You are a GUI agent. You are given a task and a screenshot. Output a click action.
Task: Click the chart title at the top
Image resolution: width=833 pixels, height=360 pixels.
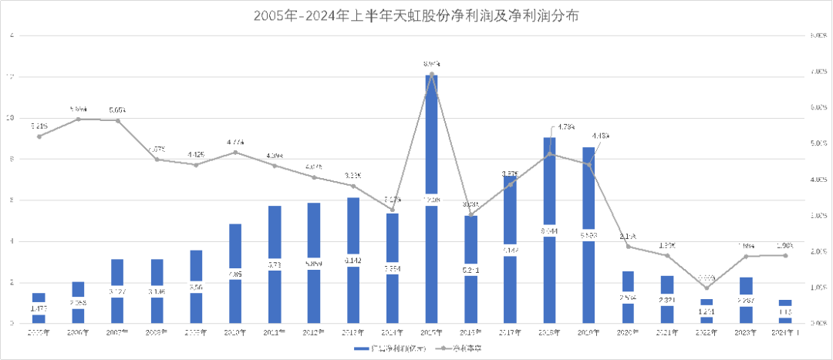click(x=416, y=15)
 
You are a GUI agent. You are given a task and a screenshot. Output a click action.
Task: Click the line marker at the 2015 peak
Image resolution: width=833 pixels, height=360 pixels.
click(x=432, y=74)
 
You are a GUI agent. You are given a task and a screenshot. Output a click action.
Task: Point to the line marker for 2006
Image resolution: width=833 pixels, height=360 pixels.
click(x=77, y=119)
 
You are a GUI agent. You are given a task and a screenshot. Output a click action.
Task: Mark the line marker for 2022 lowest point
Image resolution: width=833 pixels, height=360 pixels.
click(x=707, y=288)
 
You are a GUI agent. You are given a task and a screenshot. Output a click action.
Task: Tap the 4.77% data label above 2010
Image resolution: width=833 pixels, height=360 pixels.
click(x=235, y=143)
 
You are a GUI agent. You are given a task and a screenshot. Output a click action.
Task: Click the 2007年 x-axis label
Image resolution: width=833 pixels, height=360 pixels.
click(x=116, y=332)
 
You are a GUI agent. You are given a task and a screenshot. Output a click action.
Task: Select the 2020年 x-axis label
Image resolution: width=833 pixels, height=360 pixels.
click(x=628, y=332)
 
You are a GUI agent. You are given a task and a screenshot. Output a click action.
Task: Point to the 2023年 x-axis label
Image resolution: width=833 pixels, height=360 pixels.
click(x=746, y=332)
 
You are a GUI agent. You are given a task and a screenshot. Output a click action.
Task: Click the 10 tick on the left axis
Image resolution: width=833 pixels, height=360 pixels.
click(x=9, y=118)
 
